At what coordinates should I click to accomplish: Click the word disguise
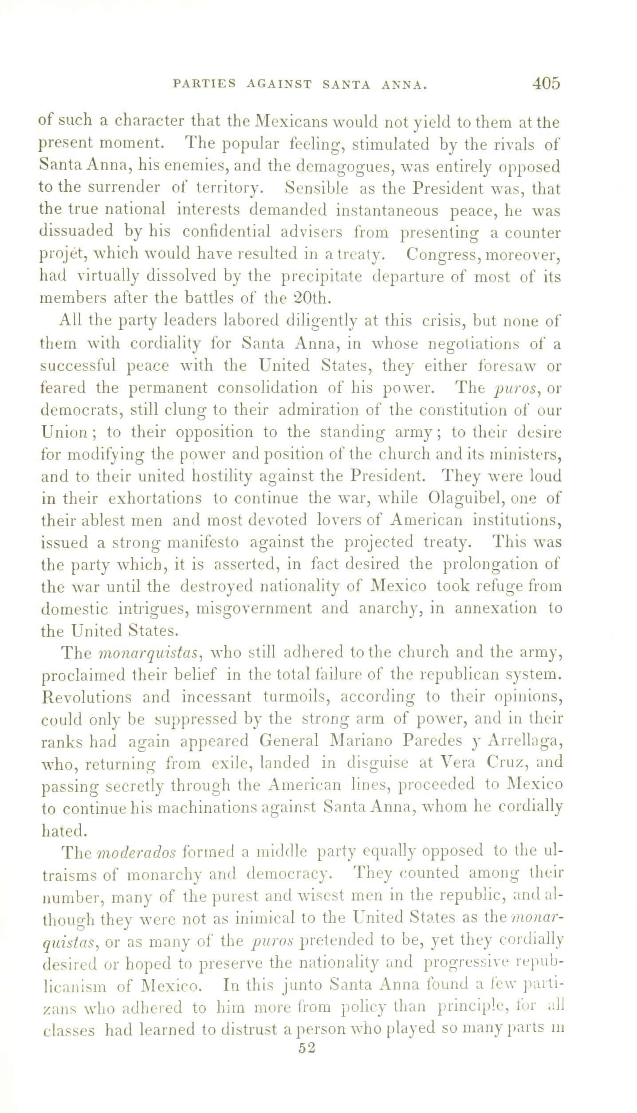(380, 763)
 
